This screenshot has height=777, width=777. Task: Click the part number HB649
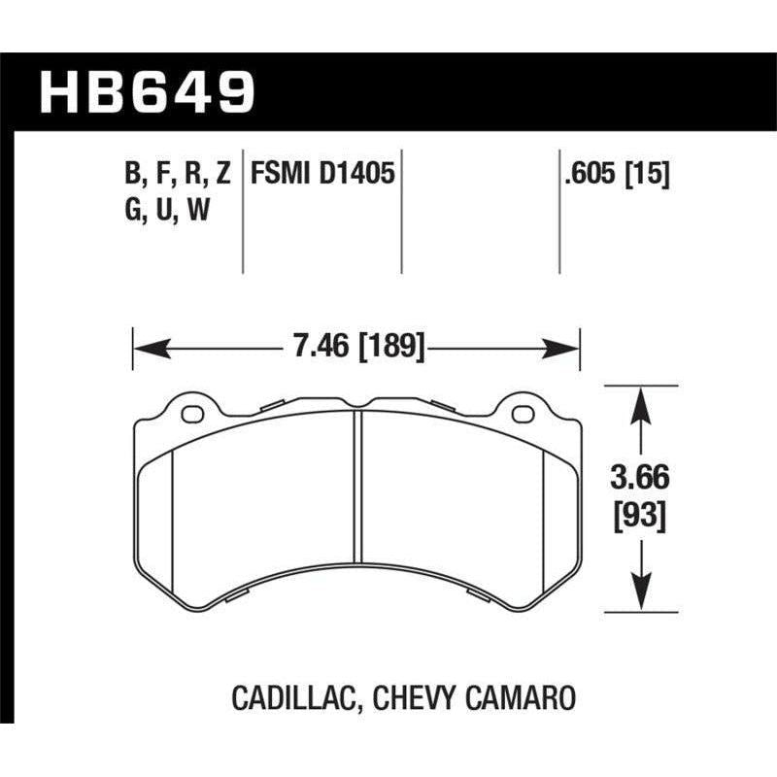coord(147,91)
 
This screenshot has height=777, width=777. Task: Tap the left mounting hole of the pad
coord(193,416)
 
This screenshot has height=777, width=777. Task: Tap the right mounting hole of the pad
coord(523,416)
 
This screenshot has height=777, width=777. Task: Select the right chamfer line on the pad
coord(545,515)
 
